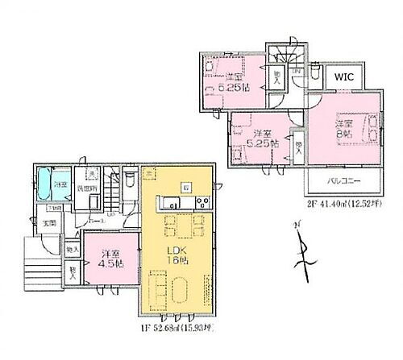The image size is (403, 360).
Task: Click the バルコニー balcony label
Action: [343, 182]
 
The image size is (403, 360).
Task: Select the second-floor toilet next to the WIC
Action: [297, 80]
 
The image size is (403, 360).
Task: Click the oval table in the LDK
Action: [169, 285]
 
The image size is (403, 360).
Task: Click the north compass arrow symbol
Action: [303, 256]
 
